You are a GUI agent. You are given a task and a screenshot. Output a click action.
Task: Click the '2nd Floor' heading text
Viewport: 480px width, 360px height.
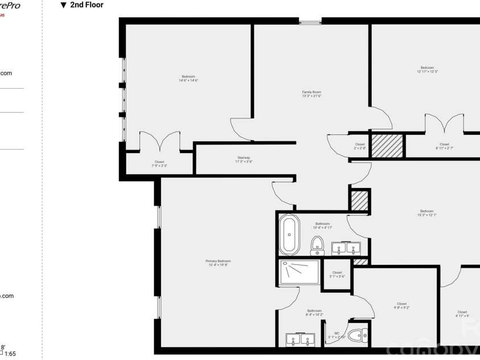pyautogui.click(x=87, y=5)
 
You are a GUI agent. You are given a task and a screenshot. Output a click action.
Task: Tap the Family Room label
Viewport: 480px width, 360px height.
pyautogui.click(x=311, y=94)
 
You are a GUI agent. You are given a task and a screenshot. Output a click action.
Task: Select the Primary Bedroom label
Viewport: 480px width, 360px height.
pyautogui.click(x=218, y=263)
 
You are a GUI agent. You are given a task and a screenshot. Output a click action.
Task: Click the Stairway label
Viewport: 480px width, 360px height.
pyautogui.click(x=244, y=159)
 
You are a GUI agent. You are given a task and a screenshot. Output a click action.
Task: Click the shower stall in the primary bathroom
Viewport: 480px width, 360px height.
pyautogui.click(x=300, y=272)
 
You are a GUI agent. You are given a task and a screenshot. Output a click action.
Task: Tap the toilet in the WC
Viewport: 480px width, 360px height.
pyautogui.click(x=356, y=336)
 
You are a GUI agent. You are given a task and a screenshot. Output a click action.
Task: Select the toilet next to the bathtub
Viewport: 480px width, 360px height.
pyautogui.click(x=317, y=246)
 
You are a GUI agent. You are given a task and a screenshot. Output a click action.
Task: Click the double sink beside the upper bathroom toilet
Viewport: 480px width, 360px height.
pyautogui.click(x=346, y=248)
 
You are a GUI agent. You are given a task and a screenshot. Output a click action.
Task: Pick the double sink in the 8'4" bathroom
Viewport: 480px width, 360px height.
pyautogui.click(x=300, y=339)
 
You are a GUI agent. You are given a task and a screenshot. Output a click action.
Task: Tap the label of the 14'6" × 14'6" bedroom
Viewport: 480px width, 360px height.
pyautogui.click(x=188, y=79)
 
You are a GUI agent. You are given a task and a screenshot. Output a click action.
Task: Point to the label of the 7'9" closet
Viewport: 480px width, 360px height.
pyautogui.click(x=159, y=163)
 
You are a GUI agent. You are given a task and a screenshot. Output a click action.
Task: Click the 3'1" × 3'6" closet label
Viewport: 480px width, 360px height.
pyautogui.click(x=337, y=275)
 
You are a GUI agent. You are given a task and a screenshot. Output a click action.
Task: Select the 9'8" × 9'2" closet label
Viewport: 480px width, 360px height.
pyautogui.click(x=401, y=306)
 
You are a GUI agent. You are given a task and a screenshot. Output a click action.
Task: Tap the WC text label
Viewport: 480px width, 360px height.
pyautogui.click(x=337, y=335)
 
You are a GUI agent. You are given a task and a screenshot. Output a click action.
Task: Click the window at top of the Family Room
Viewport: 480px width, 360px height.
pyautogui.click(x=310, y=22)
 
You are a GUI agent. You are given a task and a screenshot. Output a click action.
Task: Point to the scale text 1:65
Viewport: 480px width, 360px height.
pyautogui.click(x=10, y=354)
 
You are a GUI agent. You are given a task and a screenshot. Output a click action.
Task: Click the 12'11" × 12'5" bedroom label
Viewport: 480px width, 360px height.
pyautogui.click(x=427, y=69)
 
